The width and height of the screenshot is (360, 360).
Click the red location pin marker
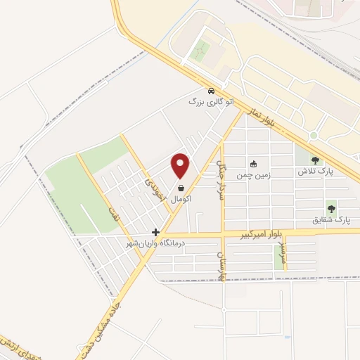click(181, 166)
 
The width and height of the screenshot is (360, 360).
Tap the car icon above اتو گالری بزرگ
click(210, 91)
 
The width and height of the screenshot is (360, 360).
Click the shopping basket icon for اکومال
click(182, 188)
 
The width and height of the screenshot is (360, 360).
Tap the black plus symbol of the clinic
click(155, 232)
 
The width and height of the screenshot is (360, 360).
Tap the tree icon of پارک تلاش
click(315, 160)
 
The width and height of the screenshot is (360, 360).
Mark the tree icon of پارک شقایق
click(331, 209)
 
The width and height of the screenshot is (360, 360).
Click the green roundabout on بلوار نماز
click(314, 135)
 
